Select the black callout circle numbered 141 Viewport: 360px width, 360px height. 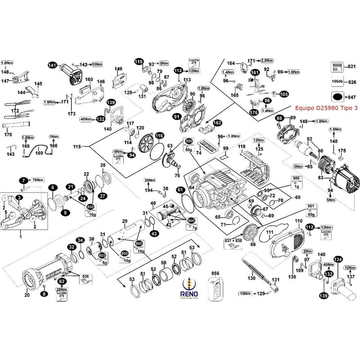click(x=52, y=65)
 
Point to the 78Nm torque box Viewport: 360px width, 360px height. click(x=37, y=180)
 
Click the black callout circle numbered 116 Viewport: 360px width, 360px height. click(x=159, y=135)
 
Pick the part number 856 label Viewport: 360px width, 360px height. click(x=215, y=273)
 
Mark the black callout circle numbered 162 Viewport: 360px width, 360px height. click(x=217, y=122)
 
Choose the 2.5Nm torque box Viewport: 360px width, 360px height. click(x=267, y=60)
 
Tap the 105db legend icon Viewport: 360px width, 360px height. click(x=336, y=81)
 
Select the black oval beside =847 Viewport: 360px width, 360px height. click(x=337, y=97)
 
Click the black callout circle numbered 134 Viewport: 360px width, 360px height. click(x=338, y=260)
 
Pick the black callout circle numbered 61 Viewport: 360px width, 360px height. click(x=180, y=189)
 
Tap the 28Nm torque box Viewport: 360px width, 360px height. click(x=62, y=289)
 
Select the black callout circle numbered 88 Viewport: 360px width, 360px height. click(x=279, y=118)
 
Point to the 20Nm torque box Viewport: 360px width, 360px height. click(x=149, y=180)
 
